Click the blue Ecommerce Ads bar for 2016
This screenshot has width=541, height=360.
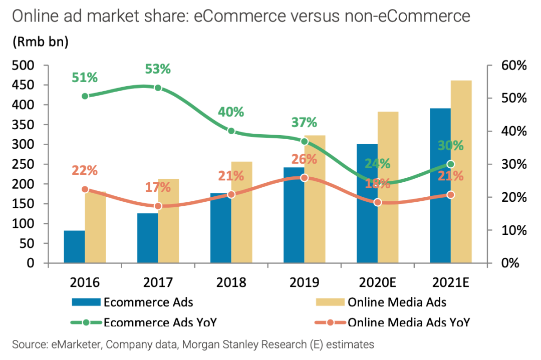click(x=74, y=246)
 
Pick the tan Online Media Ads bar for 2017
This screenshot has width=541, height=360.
click(x=168, y=220)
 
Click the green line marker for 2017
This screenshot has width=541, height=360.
click(x=158, y=88)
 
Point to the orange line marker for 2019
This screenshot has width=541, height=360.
click(x=305, y=178)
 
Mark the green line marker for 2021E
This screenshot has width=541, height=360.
click(x=450, y=164)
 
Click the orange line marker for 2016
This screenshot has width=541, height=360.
click(x=85, y=190)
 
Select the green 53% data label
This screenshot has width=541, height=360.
click(x=158, y=69)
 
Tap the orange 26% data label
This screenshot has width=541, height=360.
click(x=304, y=159)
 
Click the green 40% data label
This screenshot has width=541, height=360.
click(x=231, y=112)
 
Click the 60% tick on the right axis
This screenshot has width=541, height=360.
click(x=513, y=66)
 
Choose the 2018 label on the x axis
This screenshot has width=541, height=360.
click(x=231, y=282)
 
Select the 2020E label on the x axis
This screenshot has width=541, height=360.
click(x=378, y=282)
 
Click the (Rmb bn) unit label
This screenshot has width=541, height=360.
click(x=41, y=42)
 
